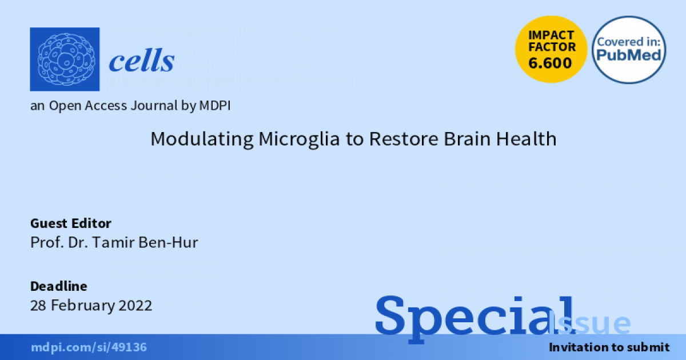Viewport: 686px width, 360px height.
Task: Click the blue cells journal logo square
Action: pos(65,59)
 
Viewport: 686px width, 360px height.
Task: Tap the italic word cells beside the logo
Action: pos(142,61)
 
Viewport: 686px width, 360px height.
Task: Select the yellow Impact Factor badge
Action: pos(551,49)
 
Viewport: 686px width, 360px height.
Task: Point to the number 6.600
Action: pos(550,63)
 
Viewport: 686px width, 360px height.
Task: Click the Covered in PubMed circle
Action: pos(629,50)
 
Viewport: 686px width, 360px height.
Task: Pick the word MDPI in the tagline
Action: pos(215,106)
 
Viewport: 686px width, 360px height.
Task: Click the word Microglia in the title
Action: pos(299,139)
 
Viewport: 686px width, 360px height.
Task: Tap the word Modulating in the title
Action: pos(202,139)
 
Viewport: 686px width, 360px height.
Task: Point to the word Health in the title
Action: pos(526,139)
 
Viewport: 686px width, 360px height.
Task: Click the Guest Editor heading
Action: pos(71,223)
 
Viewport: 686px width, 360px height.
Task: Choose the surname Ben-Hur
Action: pos(169,242)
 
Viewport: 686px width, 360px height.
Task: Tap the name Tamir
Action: pos(113,242)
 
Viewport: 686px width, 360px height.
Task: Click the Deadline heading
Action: pos(59,286)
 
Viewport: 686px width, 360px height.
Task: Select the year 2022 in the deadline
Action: pos(135,305)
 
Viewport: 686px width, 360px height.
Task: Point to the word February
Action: pos(83,306)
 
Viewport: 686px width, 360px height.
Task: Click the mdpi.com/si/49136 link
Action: pos(89,347)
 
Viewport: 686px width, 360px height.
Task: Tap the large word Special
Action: pos(476,316)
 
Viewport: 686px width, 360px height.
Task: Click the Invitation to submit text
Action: pos(609,347)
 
